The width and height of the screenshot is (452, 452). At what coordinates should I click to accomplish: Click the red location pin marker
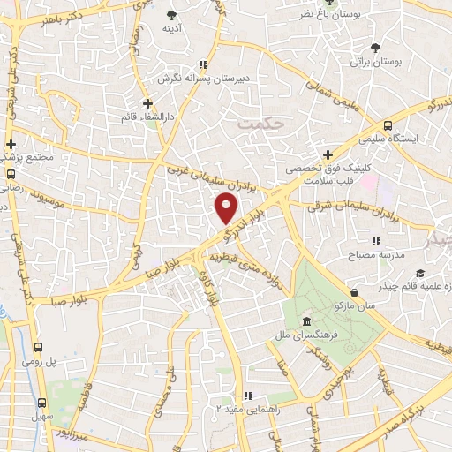pos(226,209)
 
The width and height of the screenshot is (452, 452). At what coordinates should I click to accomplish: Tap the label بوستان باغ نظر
pos(306,15)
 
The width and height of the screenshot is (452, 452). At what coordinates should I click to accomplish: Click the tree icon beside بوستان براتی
pos(377,48)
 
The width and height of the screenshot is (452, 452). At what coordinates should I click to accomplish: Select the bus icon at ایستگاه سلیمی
pos(388,125)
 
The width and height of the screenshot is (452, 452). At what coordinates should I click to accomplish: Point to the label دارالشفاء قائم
pos(142,117)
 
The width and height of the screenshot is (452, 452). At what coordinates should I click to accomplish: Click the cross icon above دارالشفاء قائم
pos(148,104)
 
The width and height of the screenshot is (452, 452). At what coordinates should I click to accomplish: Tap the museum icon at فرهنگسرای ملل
pos(306,320)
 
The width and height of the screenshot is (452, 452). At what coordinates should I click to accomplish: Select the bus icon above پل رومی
pos(38,348)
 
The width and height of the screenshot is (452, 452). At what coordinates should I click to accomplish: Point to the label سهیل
pos(39,413)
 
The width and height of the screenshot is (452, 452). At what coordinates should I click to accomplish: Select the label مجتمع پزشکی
pos(29,157)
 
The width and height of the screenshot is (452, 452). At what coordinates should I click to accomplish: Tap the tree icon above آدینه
pos(170,15)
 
